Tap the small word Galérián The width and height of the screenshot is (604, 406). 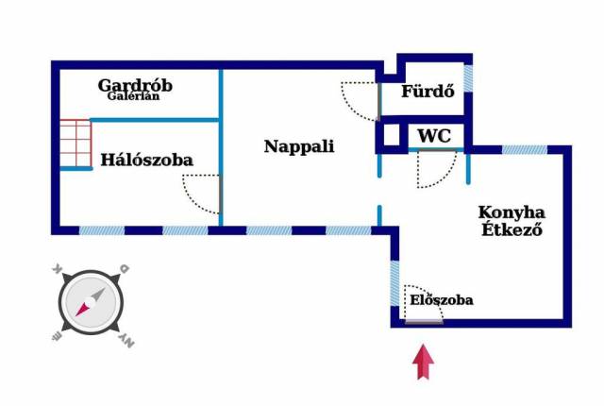pyautogui.click(x=134, y=95)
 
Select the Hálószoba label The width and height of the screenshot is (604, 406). pyautogui.click(x=146, y=160)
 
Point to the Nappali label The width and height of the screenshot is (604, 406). pyautogui.click(x=299, y=146)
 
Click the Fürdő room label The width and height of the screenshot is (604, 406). pyautogui.click(x=428, y=92)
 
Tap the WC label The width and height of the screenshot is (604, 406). pyautogui.click(x=434, y=135)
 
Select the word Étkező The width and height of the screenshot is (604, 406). pyautogui.click(x=512, y=229)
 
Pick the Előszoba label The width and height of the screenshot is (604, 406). pyautogui.click(x=442, y=300)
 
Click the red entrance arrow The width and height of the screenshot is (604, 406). pyautogui.click(x=424, y=363)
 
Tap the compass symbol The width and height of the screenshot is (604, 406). pyautogui.click(x=91, y=303)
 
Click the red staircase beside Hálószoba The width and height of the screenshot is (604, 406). pyautogui.click(x=74, y=143)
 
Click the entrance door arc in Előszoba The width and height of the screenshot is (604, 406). pyautogui.click(x=423, y=304)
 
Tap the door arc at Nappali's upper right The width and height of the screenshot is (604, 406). pyautogui.click(x=360, y=99)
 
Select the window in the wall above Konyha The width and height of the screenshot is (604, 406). pyautogui.click(x=523, y=149)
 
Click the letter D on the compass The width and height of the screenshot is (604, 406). pyautogui.click(x=124, y=270)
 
